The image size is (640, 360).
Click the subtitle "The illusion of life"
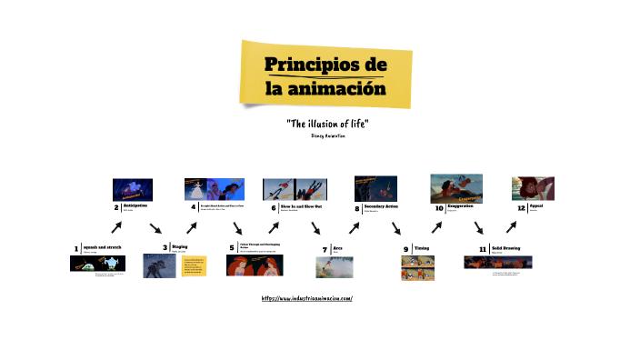tap(327, 123)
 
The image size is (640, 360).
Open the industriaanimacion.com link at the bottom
tap(306, 298)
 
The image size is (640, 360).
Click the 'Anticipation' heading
tap(135, 205)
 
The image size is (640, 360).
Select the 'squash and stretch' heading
tap(102, 246)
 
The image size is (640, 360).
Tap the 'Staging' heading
tap(180, 246)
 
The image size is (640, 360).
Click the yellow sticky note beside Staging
tap(195, 265)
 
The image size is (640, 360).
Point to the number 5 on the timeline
tap(232, 247)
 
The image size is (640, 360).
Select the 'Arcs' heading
tap(337, 246)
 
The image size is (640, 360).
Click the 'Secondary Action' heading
tap(381, 205)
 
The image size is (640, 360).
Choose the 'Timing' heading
tap(422, 246)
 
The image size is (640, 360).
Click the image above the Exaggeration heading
tap(456, 188)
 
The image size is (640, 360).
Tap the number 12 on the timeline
tap(521, 207)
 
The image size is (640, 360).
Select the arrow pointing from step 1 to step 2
tap(117, 227)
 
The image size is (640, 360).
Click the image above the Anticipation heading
tap(131, 188)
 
